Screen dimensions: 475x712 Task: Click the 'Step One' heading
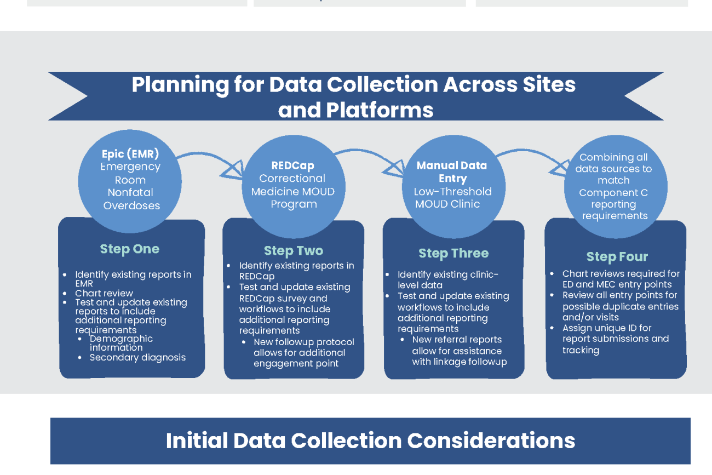click(x=130, y=249)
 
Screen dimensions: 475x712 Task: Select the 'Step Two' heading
click(x=294, y=251)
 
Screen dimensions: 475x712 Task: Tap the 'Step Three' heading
click(x=453, y=254)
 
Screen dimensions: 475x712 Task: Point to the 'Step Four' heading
click(x=617, y=257)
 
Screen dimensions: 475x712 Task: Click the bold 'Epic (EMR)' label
click(x=130, y=154)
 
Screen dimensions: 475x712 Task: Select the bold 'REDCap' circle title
click(x=293, y=165)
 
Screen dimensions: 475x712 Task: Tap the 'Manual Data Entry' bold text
click(x=452, y=171)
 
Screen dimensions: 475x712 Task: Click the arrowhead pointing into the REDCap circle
click(x=233, y=170)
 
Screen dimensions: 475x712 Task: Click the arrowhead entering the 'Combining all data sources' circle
click(x=558, y=168)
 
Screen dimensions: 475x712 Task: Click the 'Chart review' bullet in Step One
click(x=104, y=293)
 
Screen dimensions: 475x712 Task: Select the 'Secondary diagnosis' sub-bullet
click(x=137, y=358)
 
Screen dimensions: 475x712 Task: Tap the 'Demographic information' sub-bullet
click(x=121, y=343)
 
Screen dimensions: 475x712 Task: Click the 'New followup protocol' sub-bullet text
click(x=303, y=353)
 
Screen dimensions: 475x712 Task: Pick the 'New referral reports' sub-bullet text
click(x=459, y=351)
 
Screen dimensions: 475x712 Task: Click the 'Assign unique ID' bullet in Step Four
click(x=615, y=339)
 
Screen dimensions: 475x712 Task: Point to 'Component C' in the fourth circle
click(x=613, y=193)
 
